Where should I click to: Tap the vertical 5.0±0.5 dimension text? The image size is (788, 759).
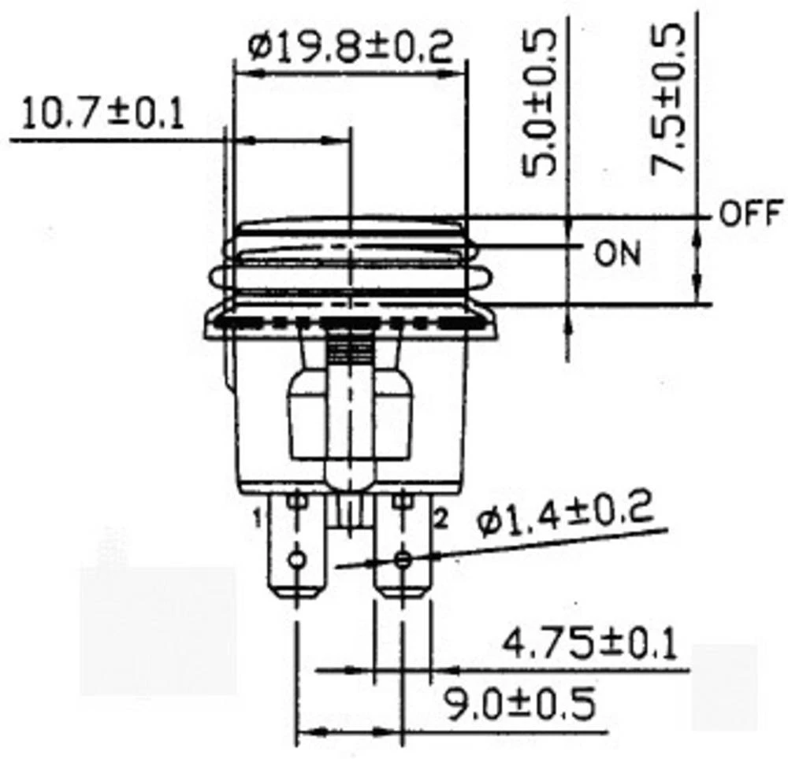point(542,102)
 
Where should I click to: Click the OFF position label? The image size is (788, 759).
point(749,213)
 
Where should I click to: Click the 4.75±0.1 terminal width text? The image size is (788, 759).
point(589,644)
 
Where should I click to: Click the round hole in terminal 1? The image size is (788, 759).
point(297,560)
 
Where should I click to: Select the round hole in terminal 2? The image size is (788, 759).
point(403,560)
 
